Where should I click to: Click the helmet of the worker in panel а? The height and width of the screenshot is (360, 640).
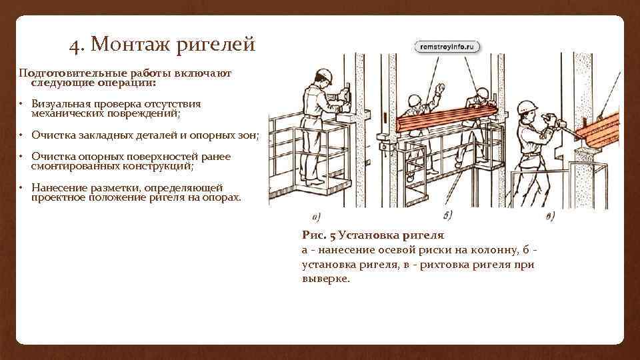click(324, 74)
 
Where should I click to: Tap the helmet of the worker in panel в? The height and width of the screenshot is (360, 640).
click(528, 107)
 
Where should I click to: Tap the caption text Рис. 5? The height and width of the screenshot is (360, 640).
click(319, 235)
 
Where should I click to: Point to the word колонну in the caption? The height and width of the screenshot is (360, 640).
click(492, 250)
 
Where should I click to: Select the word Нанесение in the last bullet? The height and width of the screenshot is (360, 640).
click(59, 187)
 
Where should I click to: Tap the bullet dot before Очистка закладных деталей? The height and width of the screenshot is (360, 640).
click(21, 135)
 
